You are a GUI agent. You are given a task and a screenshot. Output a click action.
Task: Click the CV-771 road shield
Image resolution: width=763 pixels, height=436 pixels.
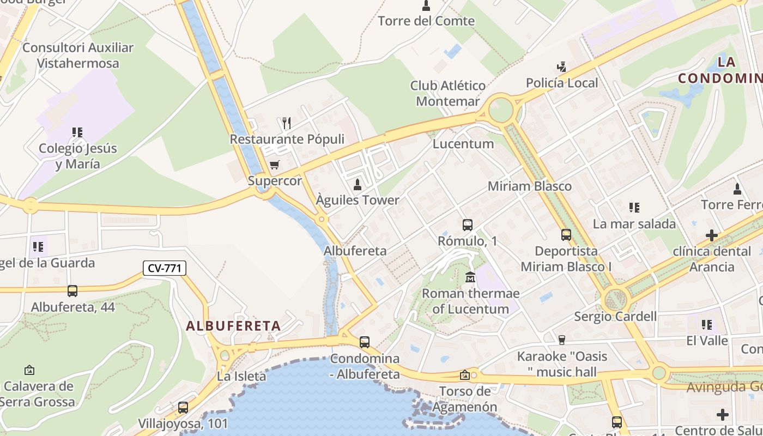pyautogui.click(x=165, y=268)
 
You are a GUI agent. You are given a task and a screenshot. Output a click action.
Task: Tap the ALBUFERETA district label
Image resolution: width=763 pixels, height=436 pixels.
pyautogui.click(x=233, y=326)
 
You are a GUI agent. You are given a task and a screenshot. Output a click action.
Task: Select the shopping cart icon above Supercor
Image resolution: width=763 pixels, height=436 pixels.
pyautogui.click(x=275, y=165)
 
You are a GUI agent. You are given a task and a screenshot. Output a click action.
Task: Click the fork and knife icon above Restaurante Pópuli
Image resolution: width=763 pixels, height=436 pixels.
pyautogui.click(x=287, y=123)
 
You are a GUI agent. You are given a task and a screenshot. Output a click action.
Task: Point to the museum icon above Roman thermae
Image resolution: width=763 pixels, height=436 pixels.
pyautogui.click(x=470, y=277)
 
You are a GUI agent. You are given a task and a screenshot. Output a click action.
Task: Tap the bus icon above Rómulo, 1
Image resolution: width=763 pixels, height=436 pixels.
pyautogui.click(x=467, y=225)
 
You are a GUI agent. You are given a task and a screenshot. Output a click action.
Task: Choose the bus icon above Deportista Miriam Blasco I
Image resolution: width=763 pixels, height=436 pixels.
pyautogui.click(x=566, y=235)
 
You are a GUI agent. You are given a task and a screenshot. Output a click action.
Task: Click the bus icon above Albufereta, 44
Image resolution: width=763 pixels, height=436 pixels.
pyautogui.click(x=72, y=291)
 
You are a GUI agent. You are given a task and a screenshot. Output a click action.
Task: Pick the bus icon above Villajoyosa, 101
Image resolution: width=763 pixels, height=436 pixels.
pyautogui.click(x=183, y=407)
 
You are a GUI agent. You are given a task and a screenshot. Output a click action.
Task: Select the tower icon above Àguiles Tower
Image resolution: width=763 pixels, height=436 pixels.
pyautogui.click(x=358, y=184)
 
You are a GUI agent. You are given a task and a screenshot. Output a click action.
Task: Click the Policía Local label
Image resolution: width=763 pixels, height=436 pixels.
pyautogui.click(x=562, y=83)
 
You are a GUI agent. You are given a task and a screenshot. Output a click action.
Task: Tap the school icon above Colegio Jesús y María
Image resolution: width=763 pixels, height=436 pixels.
pyautogui.click(x=77, y=132)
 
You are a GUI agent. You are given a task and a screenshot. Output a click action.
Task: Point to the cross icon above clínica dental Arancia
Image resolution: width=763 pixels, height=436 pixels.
pyautogui.click(x=711, y=235)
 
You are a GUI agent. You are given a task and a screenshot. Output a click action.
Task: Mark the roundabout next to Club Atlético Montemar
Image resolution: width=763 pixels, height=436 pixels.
pyautogui.click(x=500, y=110)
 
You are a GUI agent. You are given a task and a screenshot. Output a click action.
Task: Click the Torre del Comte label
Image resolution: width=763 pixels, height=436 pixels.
pyautogui.click(x=426, y=21)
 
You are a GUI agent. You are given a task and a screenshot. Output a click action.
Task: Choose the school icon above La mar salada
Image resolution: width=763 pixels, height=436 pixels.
pyautogui.click(x=634, y=207)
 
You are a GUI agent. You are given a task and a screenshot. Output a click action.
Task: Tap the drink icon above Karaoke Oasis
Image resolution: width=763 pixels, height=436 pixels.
pyautogui.click(x=562, y=340)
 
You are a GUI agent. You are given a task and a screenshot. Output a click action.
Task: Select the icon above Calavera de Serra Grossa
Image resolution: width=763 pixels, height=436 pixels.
pyautogui.click(x=29, y=370)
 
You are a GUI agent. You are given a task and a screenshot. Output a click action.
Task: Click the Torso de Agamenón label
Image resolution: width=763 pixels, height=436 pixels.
pyautogui.click(x=465, y=399)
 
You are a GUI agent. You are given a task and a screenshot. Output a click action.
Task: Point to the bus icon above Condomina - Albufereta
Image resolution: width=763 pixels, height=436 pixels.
pyautogui.click(x=364, y=342)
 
